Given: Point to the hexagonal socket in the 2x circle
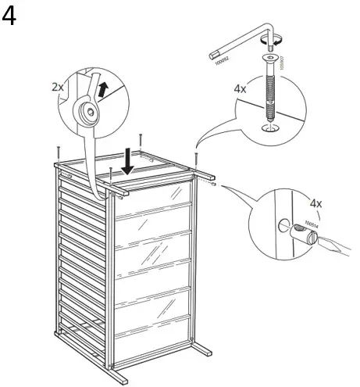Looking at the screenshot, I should pyautogui.click(x=91, y=113).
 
